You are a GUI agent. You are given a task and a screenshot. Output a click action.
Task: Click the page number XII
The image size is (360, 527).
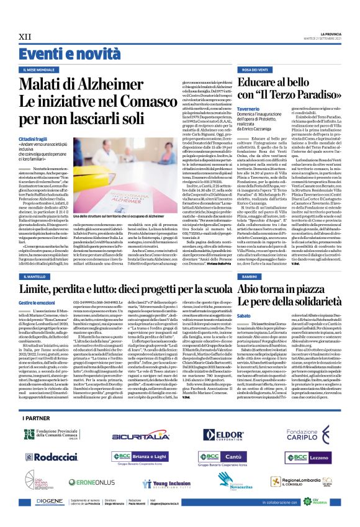click(x=25, y=37)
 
